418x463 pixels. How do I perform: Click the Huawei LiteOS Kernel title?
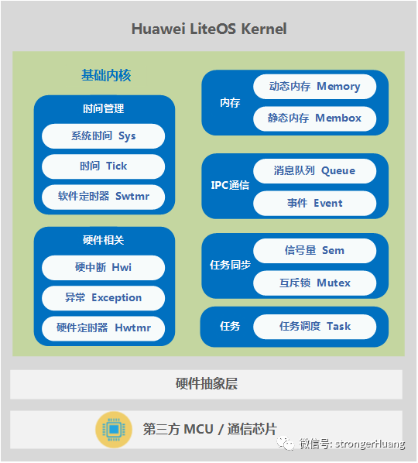point(209,29)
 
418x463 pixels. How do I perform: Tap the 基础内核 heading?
point(106,75)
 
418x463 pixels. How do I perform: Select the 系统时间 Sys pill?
point(103,135)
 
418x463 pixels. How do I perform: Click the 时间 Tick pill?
point(103,166)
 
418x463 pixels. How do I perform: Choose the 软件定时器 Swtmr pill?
point(103,196)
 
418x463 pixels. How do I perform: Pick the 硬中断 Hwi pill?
point(103,267)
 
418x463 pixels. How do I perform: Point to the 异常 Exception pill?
point(103,297)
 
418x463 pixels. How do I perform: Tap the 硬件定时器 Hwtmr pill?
point(103,328)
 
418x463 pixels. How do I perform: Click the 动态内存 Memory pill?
point(314,87)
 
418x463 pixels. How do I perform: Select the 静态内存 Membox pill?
point(314,118)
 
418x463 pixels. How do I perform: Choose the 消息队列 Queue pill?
point(314,170)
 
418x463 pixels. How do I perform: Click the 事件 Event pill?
point(314,203)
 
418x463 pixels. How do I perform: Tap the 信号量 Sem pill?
point(314,250)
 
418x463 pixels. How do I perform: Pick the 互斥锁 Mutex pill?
point(314,283)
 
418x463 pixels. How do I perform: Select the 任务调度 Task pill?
point(314,326)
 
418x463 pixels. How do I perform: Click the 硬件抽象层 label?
point(207,384)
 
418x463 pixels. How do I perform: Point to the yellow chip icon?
point(113,429)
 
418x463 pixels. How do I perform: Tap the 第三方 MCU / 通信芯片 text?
point(210,429)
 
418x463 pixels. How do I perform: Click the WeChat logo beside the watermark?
point(288,444)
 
